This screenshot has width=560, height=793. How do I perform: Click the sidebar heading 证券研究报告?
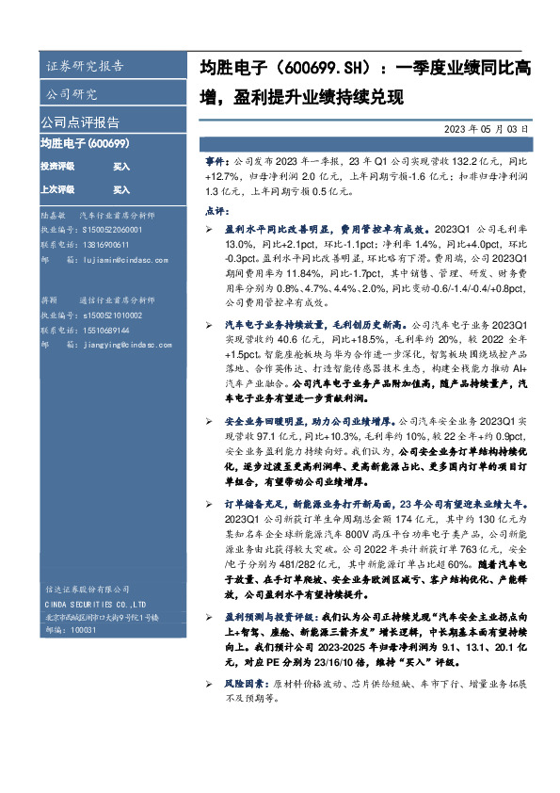coord(84,66)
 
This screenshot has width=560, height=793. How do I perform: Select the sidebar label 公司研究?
coord(72,94)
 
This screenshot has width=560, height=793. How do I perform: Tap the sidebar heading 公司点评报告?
coord(79,122)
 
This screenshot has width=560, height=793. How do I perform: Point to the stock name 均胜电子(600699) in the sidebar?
coord(85,143)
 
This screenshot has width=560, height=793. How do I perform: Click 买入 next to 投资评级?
coord(121,166)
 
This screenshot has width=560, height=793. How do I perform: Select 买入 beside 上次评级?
coord(121,188)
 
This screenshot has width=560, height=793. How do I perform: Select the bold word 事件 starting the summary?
coord(216,163)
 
